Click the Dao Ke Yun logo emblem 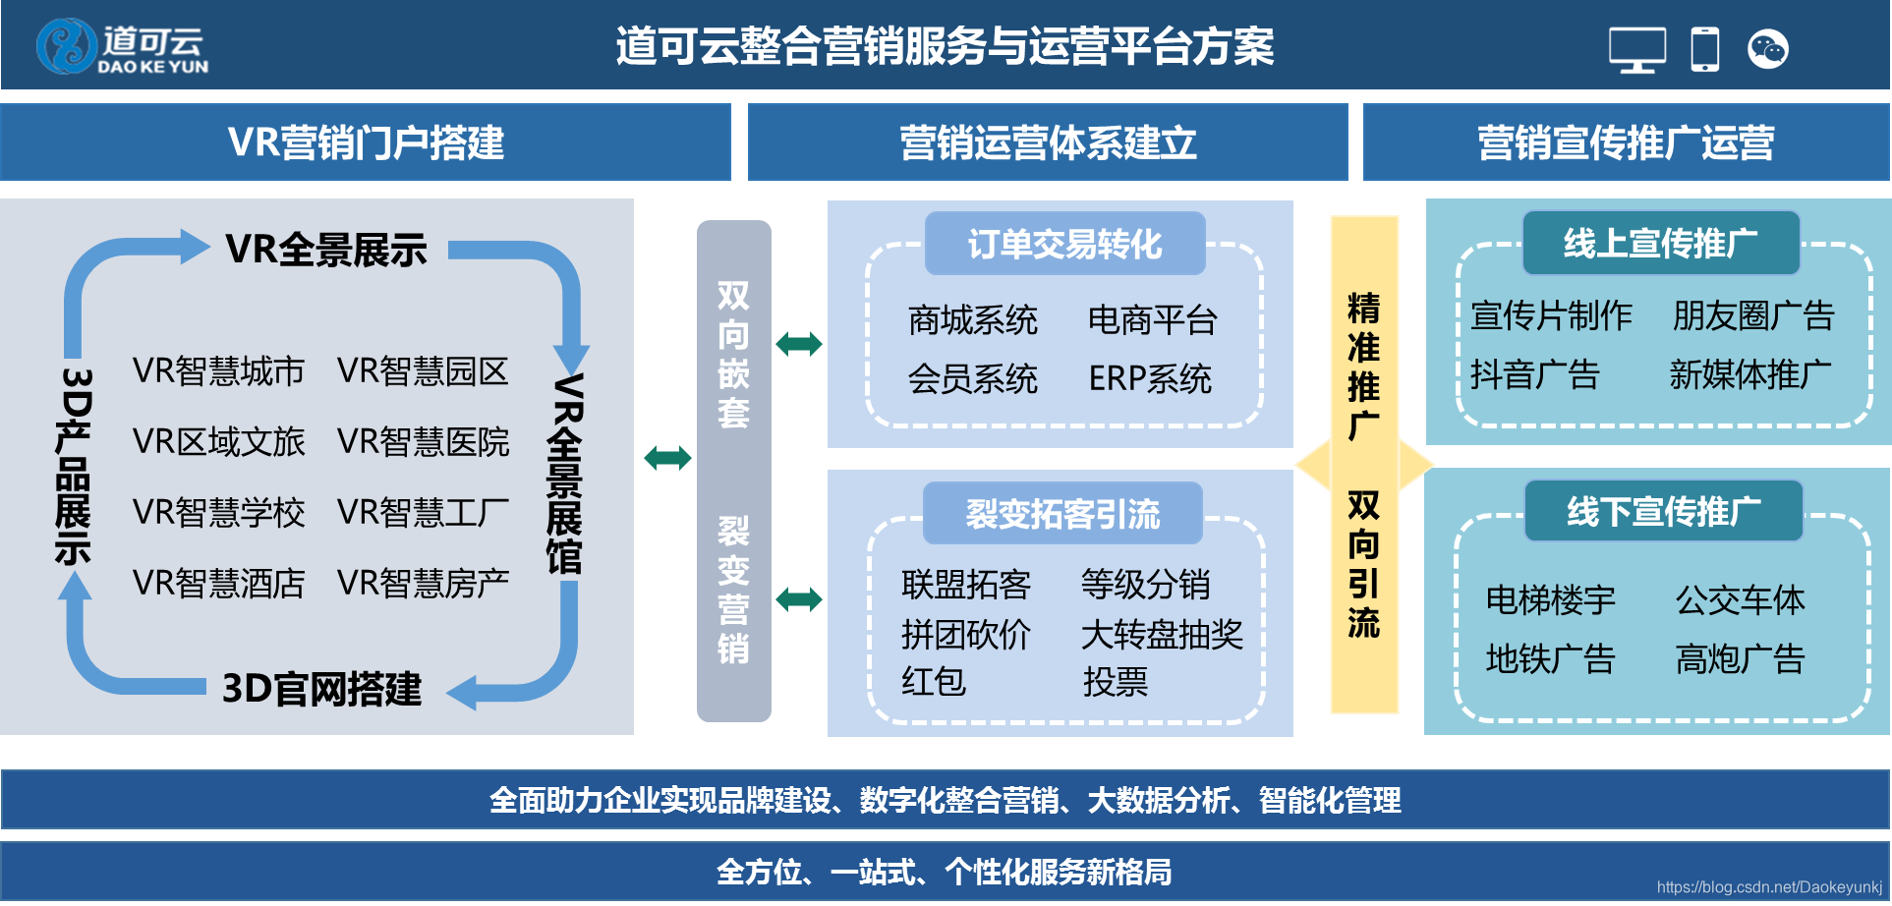pyautogui.click(x=66, y=46)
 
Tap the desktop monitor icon pyautogui.click(x=1636, y=49)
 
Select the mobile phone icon pyautogui.click(x=1704, y=49)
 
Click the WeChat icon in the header pyautogui.click(x=1767, y=49)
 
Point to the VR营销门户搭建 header pyautogui.click(x=366, y=142)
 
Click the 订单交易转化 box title pyautogui.click(x=1064, y=244)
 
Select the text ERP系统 pyautogui.click(x=1149, y=378)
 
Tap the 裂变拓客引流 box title pyautogui.click(x=1062, y=513)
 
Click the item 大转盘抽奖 pyautogui.click(x=1162, y=634)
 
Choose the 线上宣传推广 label pyautogui.click(x=1660, y=243)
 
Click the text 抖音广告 pyautogui.click(x=1534, y=374)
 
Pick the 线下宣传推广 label pyautogui.click(x=1663, y=511)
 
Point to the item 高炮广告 pyautogui.click(x=1740, y=658)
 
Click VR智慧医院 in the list pyautogui.click(x=423, y=442)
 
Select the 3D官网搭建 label pyautogui.click(x=321, y=689)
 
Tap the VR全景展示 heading pyautogui.click(x=326, y=250)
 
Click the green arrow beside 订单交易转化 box pyautogui.click(x=798, y=344)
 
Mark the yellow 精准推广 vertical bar pyautogui.click(x=1363, y=464)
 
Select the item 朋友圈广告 pyautogui.click(x=1753, y=315)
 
